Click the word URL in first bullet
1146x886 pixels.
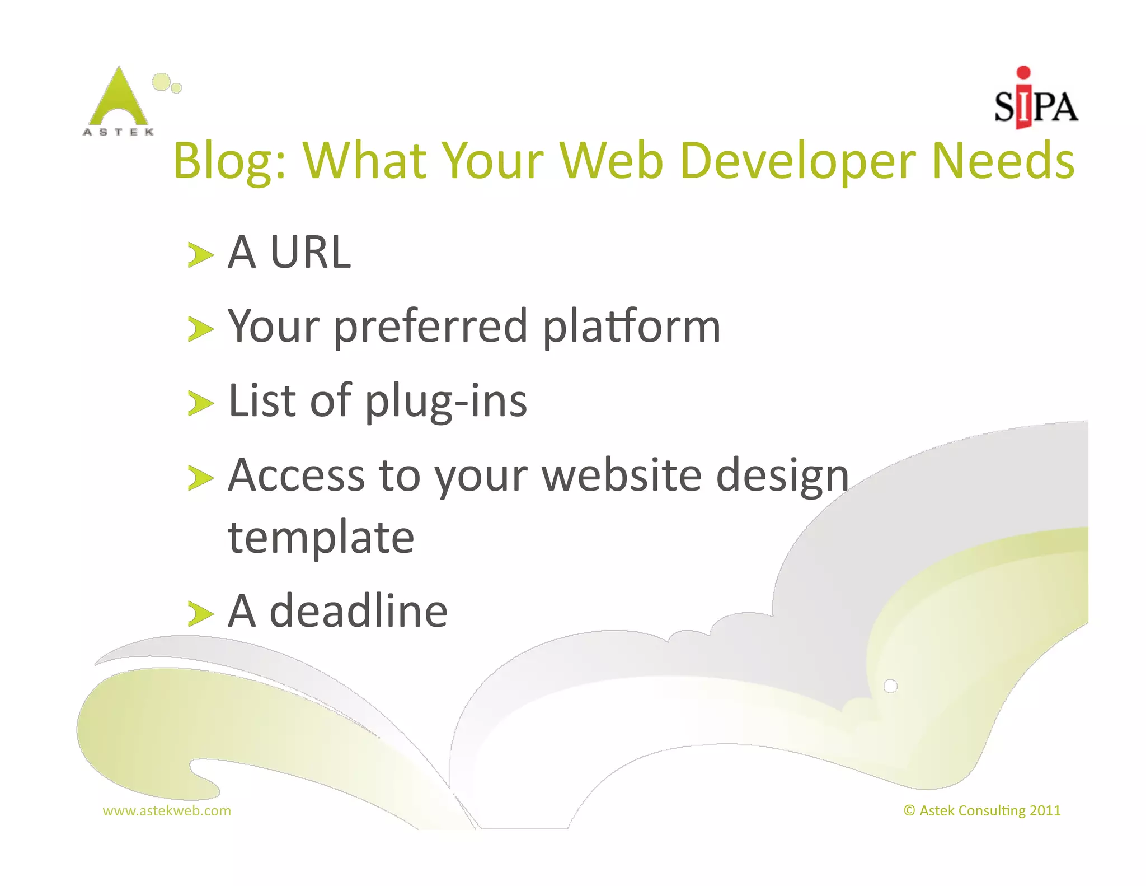tap(310, 253)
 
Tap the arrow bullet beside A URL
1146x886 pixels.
tap(200, 255)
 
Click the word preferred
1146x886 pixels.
tap(431, 327)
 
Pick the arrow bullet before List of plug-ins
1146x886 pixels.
tap(200, 404)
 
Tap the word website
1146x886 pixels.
tap(622, 475)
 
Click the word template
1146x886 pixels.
tap(321, 538)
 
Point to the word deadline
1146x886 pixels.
tap(359, 611)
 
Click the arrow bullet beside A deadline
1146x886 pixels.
tap(200, 614)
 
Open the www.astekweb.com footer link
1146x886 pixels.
tap(167, 810)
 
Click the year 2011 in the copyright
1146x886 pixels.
tap(1045, 810)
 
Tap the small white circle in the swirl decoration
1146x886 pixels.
tap(890, 686)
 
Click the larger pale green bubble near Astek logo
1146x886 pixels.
tap(161, 82)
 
